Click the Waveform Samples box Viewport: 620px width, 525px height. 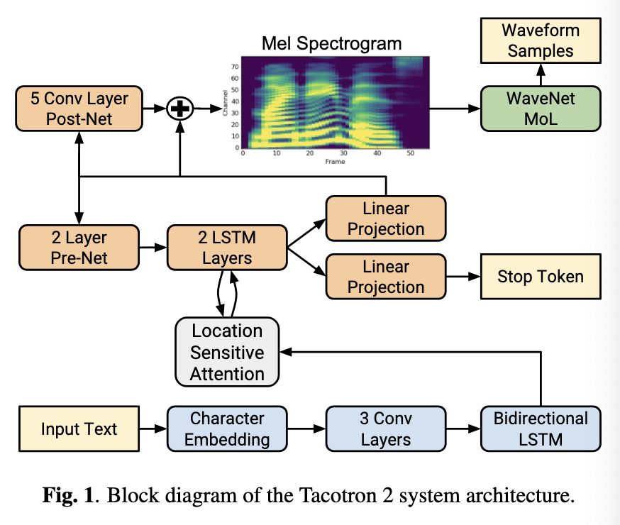tap(540, 40)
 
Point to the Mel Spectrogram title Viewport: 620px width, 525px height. tap(331, 43)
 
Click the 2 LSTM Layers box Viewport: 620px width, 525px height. tap(226, 248)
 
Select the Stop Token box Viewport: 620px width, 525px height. tap(541, 277)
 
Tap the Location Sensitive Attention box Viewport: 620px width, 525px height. tap(227, 353)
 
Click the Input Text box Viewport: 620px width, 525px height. tap(79, 429)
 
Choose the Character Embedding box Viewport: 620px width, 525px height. tap(227, 429)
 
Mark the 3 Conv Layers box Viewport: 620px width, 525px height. tap(385, 429)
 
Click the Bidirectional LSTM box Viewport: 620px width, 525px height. tap(541, 429)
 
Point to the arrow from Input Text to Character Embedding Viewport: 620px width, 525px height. tap(153, 429)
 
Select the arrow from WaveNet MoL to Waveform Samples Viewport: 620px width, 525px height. tap(540, 74)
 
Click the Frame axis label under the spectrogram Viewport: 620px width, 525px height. tap(334, 162)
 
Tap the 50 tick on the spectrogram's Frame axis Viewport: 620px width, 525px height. tap(410, 153)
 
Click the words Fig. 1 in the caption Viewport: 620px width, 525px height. tap(68, 494)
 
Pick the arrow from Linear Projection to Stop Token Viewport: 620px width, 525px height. tap(463, 277)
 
